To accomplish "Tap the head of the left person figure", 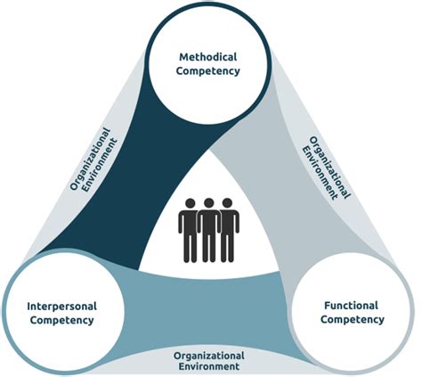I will pos(188,205).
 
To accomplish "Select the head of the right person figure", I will pos(229,205).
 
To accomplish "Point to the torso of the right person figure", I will pos(230,225).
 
